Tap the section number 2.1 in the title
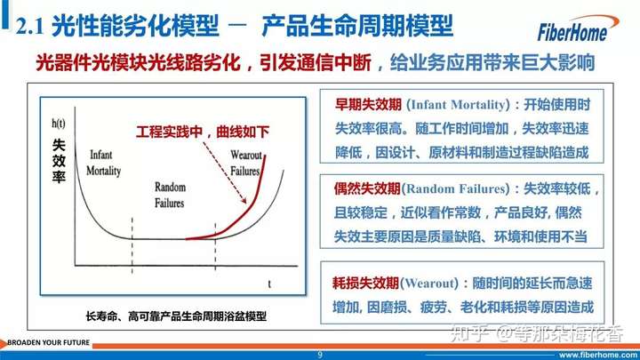30,27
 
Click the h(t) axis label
59,124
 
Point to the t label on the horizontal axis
269,284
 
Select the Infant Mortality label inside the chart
103,163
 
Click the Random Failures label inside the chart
170,195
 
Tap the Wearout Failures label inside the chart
245,163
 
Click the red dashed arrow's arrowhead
244,200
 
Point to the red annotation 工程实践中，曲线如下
203,132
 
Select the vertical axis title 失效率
59,161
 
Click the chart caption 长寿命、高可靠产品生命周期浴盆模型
176,316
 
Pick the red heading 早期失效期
368,105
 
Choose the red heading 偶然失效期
367,188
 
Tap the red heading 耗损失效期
365,283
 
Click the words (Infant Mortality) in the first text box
458,105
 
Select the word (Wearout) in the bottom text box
429,283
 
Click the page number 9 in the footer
320,355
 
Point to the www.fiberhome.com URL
598,355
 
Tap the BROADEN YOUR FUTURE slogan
48,342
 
